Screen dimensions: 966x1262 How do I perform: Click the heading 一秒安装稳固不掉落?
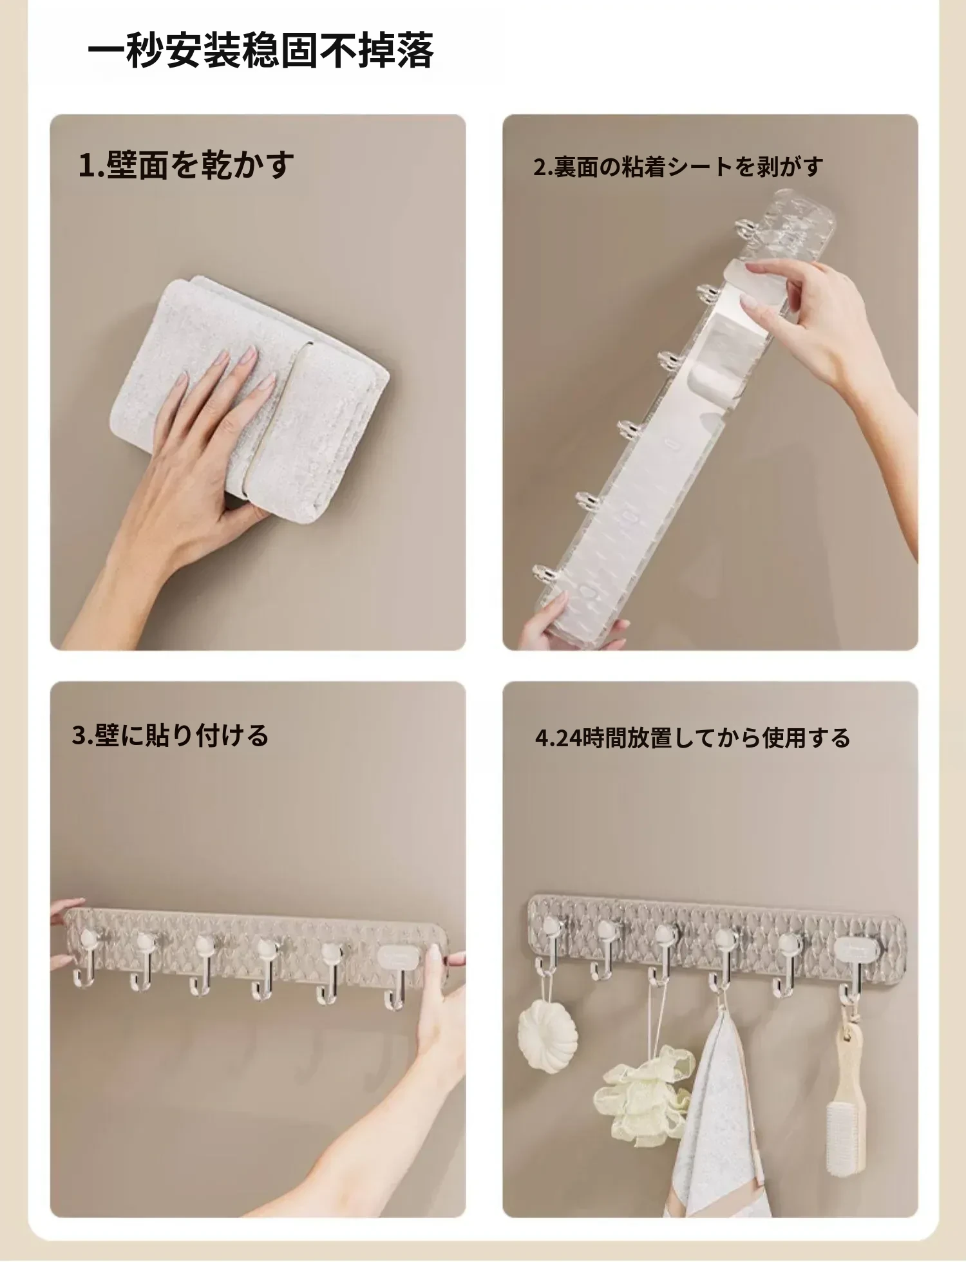261,50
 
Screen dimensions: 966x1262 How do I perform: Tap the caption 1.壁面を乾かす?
186,165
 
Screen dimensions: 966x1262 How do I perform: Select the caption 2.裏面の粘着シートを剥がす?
678,167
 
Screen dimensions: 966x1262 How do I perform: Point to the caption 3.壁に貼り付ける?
170,735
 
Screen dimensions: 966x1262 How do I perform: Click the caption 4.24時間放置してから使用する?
692,738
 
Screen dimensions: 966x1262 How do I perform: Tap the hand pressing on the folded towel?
193,451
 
